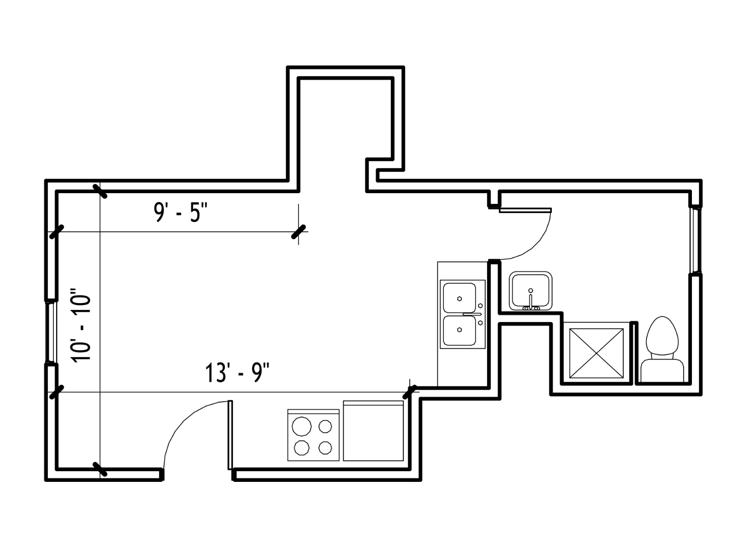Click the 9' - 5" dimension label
(x=180, y=212)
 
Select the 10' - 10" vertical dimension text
(x=81, y=325)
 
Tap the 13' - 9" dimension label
(x=237, y=373)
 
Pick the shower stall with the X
(x=596, y=353)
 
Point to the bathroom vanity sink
(x=531, y=291)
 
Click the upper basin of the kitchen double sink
(x=459, y=298)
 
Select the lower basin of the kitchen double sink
(x=459, y=330)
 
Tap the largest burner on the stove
(x=301, y=426)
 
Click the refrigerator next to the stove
(x=373, y=431)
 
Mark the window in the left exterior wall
(x=50, y=332)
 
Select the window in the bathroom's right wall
(x=695, y=240)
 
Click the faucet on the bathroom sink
(x=531, y=300)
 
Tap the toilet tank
(x=662, y=371)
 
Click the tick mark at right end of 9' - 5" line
(x=299, y=232)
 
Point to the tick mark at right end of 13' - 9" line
(x=409, y=392)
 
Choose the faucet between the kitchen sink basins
(x=472, y=314)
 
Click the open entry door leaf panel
(x=230, y=435)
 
